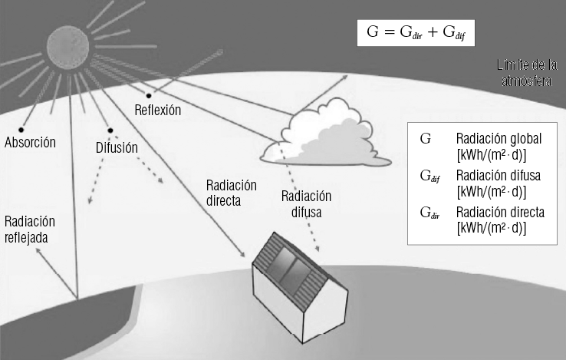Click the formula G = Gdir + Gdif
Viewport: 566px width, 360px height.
[x=416, y=35]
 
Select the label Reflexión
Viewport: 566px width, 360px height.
[x=157, y=110]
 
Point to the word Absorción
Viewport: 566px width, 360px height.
[x=30, y=143]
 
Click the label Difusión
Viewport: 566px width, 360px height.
[x=117, y=146]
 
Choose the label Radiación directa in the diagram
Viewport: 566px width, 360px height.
[x=232, y=193]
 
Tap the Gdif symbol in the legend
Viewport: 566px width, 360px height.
[x=429, y=177]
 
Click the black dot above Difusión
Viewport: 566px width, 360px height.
[x=110, y=130]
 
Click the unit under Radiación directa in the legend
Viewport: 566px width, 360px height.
[x=491, y=228]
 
